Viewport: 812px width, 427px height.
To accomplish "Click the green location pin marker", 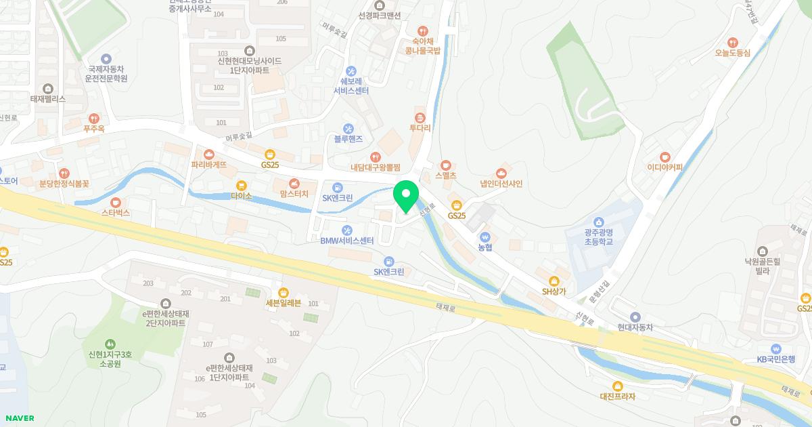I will [406, 197].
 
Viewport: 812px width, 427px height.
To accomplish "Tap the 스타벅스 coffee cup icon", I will [115, 202].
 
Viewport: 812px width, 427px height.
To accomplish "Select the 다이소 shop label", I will [241, 196].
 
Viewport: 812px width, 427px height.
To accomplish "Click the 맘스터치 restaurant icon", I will [294, 183].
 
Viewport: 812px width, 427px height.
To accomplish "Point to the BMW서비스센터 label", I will [347, 241].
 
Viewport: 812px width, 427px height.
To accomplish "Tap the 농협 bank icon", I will [485, 237].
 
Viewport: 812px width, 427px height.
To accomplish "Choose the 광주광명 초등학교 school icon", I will [597, 222].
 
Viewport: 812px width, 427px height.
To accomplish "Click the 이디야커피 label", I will [664, 167].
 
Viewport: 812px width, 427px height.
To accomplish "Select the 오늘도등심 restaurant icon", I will [733, 42].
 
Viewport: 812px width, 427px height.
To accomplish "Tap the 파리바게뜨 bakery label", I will [209, 165].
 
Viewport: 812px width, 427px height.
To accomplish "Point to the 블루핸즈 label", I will [348, 139].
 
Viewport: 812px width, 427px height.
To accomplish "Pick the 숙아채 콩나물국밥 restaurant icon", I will [422, 30].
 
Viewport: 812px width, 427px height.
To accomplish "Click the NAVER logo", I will [19, 418].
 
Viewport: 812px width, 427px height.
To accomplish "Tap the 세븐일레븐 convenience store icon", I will [283, 292].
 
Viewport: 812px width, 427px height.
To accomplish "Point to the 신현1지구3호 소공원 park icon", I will [110, 345].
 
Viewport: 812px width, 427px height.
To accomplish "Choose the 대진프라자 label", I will [617, 396].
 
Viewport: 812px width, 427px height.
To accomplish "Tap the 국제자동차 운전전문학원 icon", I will [106, 59].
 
